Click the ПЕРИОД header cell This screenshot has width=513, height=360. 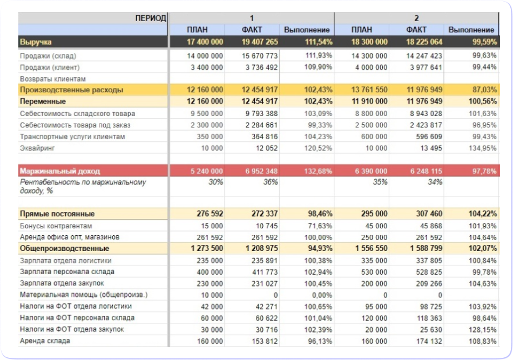pos(151,18)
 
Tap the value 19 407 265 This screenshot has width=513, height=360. pos(260,42)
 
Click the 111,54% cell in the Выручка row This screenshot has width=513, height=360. pos(318,42)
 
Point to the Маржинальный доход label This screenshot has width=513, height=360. pos(60,171)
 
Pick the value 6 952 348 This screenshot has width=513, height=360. pos(261,171)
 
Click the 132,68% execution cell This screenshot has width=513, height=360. pos(318,171)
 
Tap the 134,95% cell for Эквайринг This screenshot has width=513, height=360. pos(480,148)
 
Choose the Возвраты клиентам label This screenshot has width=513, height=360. pos(50,79)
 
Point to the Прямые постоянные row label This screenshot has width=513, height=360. pos(57,214)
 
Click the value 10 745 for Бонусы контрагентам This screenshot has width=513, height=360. pos(265,226)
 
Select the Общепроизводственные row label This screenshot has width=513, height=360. pos(64,248)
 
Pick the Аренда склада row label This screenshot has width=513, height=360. pos(45,341)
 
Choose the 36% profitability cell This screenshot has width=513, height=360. pos(270,182)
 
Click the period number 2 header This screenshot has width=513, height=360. pos(416,18)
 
